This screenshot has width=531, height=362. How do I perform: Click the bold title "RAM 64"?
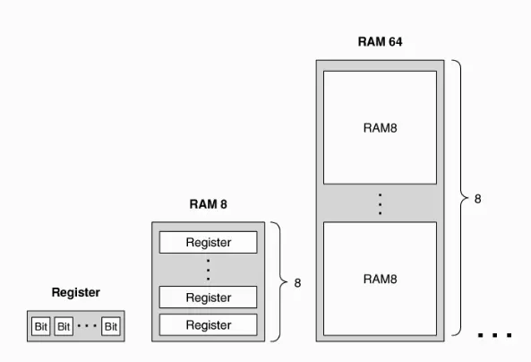(380, 42)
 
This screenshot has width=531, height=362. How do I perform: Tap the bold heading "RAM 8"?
(209, 204)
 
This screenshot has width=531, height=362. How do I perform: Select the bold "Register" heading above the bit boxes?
(76, 292)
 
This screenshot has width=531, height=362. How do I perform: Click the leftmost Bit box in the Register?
(41, 326)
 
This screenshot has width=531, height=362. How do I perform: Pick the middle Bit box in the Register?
(64, 326)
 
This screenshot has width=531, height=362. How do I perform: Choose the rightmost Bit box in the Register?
(111, 326)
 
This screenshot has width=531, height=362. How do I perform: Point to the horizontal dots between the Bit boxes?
(87, 326)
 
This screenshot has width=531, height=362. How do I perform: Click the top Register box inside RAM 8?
(209, 242)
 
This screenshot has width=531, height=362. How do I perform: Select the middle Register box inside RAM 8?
(209, 297)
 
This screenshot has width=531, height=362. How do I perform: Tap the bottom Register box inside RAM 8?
(209, 325)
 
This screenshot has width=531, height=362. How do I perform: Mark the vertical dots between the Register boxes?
(209, 270)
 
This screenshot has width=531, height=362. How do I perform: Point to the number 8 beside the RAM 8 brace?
(297, 283)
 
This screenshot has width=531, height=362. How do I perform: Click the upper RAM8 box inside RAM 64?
(380, 127)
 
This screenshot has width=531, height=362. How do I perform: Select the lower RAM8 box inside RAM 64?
(380, 279)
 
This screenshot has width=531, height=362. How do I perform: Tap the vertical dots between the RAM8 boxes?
(380, 204)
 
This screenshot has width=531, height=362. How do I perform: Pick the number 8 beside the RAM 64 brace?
(477, 199)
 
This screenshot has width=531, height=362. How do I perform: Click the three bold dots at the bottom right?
(494, 335)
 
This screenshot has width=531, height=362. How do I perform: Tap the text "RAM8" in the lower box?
(380, 279)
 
